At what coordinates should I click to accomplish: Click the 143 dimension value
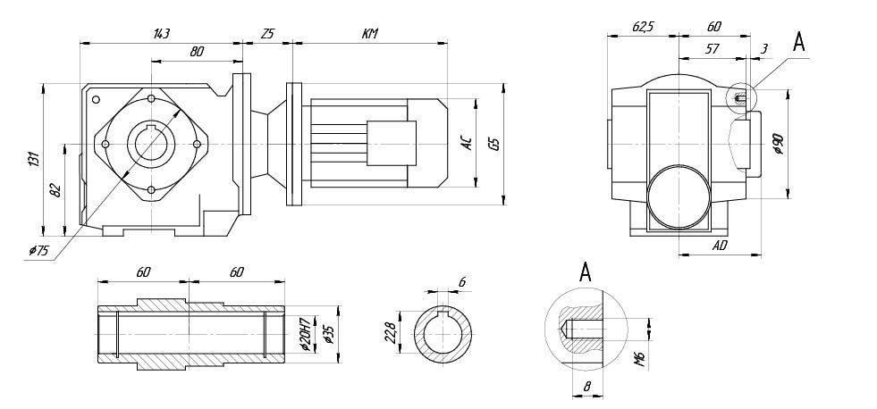tap(161, 34)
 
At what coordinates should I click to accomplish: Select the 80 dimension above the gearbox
tap(197, 52)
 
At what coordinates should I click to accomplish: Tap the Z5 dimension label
tap(267, 34)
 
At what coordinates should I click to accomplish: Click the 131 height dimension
tap(34, 159)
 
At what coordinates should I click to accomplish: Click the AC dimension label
tap(467, 143)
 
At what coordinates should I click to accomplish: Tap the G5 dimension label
tap(494, 143)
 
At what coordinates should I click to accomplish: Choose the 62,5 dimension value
tap(643, 28)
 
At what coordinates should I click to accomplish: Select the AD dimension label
tap(721, 244)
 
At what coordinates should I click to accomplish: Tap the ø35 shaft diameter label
tap(329, 334)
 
